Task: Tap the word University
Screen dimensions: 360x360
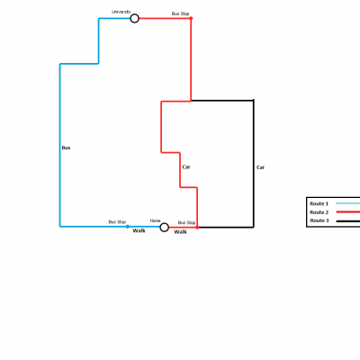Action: click(x=121, y=12)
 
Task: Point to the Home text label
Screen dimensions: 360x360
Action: click(x=155, y=220)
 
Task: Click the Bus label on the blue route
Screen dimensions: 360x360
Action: click(x=66, y=148)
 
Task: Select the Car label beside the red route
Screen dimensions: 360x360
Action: click(x=186, y=166)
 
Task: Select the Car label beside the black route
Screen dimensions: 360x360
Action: click(x=260, y=167)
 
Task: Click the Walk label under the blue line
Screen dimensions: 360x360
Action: click(x=139, y=230)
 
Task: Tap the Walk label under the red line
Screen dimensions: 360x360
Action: click(x=181, y=232)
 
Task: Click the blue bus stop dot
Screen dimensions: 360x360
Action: click(x=128, y=227)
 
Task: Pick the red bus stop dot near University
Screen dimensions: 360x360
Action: click(x=191, y=18)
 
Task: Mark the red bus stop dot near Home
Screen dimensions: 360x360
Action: click(x=197, y=228)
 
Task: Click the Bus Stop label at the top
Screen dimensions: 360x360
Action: click(x=180, y=13)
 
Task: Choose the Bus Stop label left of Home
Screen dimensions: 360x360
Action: click(x=117, y=222)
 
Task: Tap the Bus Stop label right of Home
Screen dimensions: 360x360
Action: click(x=186, y=222)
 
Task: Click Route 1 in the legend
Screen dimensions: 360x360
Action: click(x=319, y=203)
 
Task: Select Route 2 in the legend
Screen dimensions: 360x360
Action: click(x=319, y=212)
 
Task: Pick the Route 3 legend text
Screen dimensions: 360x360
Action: click(x=319, y=220)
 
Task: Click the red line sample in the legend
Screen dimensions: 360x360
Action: click(x=348, y=212)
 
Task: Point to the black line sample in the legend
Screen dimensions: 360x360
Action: click(x=348, y=221)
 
